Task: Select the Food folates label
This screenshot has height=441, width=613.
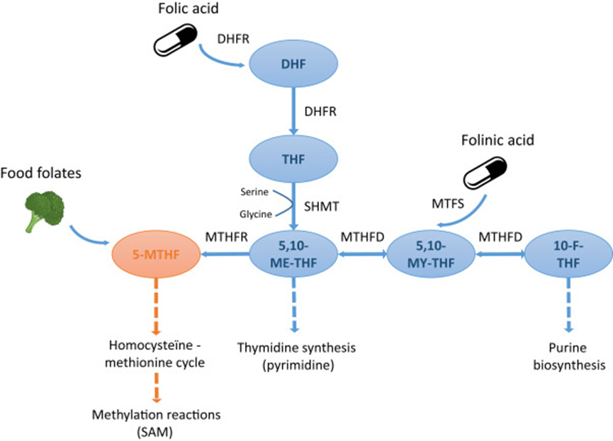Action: tap(40, 173)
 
